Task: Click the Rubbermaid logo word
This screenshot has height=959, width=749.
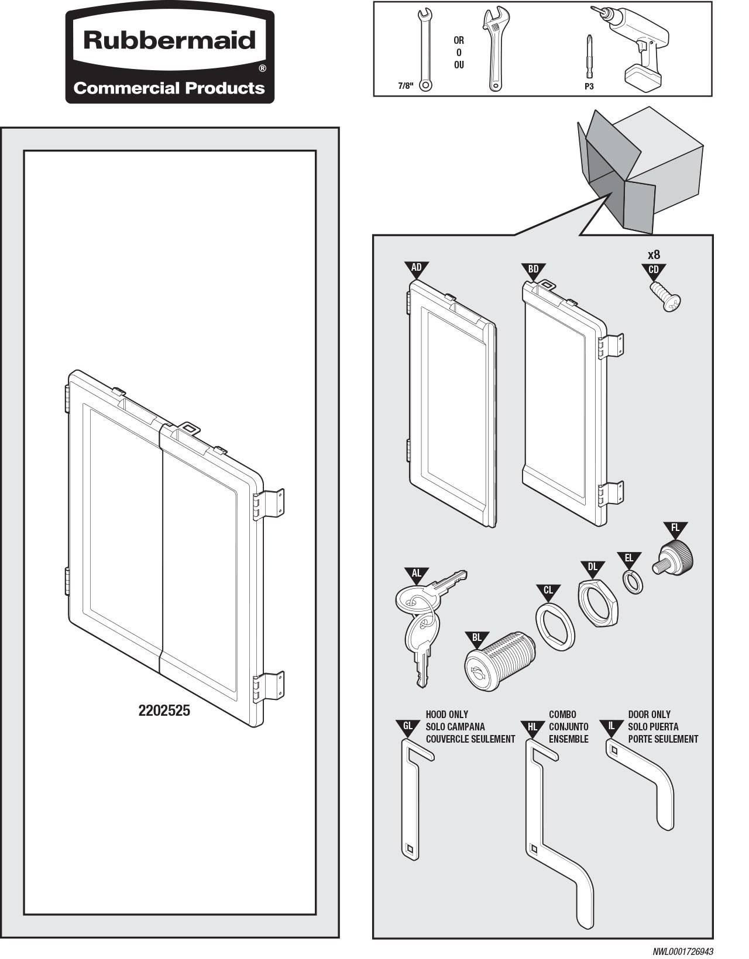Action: click(170, 41)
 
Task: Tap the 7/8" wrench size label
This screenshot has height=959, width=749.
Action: click(406, 86)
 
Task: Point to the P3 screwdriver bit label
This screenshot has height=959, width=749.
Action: click(589, 87)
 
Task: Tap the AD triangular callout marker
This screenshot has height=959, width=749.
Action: click(416, 269)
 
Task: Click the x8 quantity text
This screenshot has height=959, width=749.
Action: click(654, 255)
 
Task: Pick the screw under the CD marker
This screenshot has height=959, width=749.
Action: click(666, 296)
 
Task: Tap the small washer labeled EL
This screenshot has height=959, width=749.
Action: click(632, 582)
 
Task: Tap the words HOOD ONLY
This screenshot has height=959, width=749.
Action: click(447, 715)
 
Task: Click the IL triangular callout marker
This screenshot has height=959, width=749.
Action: click(611, 727)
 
